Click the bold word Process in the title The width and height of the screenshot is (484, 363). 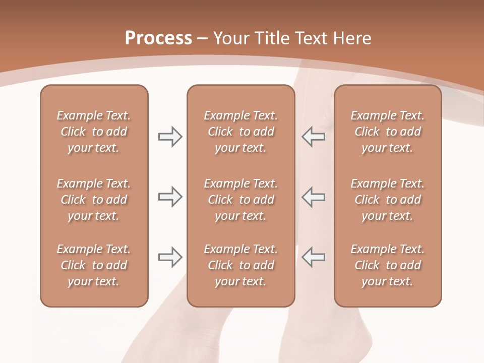[x=158, y=38]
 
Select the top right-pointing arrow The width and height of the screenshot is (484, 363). [x=170, y=137]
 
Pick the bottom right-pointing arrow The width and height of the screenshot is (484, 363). [x=170, y=257]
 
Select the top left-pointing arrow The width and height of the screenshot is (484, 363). [x=313, y=137]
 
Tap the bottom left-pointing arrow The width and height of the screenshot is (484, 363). [x=313, y=257]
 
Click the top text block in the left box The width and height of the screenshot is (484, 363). [x=94, y=132]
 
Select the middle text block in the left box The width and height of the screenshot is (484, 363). [x=94, y=200]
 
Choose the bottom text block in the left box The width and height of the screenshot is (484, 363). [x=94, y=265]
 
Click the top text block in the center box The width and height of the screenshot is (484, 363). [x=240, y=132]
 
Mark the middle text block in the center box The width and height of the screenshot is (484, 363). [x=240, y=200]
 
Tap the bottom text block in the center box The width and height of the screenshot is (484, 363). [x=240, y=265]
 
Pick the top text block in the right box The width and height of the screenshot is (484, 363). [x=387, y=132]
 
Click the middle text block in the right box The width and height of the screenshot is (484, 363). [x=387, y=200]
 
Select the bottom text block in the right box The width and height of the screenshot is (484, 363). [x=387, y=265]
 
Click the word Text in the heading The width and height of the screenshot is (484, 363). [x=311, y=38]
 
